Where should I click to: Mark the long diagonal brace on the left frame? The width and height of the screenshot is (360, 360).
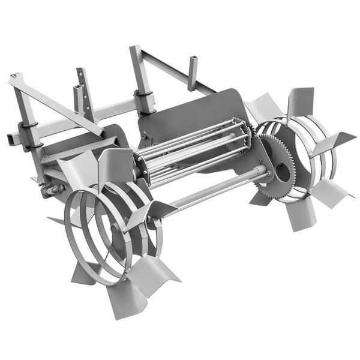coord(57,102)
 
